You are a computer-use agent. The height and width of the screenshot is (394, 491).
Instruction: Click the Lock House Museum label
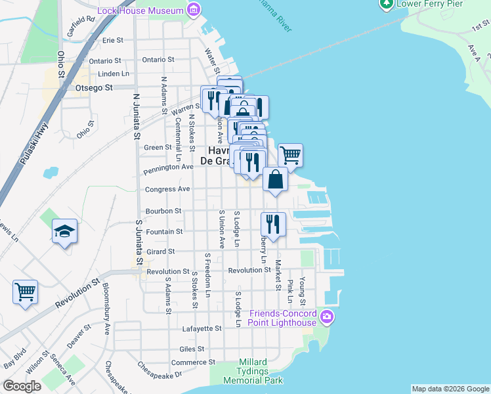(140, 11)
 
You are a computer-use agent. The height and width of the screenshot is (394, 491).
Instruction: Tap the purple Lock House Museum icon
(193, 10)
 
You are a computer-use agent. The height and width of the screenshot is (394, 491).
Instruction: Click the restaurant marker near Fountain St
(272, 224)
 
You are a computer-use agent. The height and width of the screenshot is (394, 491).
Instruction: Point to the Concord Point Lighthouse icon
(327, 319)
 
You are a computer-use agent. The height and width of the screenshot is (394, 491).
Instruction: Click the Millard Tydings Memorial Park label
(253, 372)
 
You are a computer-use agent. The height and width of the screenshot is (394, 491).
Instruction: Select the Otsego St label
(95, 87)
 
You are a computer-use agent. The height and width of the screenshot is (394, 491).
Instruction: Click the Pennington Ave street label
(169, 167)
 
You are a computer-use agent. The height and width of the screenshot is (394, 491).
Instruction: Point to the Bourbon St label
(164, 211)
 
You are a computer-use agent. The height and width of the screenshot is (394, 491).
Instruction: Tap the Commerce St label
(193, 362)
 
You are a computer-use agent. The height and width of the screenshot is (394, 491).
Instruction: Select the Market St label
(278, 275)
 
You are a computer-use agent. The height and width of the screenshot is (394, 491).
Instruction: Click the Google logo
(22, 386)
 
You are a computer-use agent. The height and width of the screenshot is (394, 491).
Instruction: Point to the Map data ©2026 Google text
(450, 389)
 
